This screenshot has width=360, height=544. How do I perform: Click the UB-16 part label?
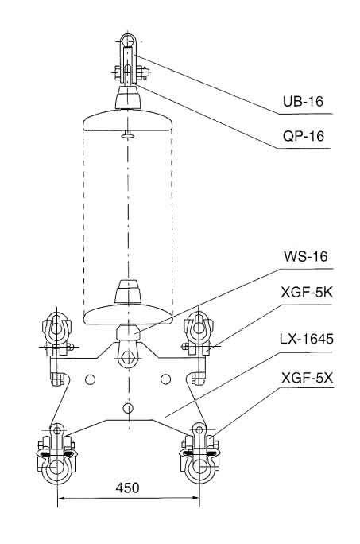303,101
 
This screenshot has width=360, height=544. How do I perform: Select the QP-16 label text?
304,136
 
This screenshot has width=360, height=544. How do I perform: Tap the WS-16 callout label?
305,256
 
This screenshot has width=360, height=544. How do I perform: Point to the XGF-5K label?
307,293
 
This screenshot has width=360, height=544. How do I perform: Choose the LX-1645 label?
307,339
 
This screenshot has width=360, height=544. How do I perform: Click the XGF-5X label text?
307,378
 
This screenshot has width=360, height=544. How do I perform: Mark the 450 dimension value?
128,488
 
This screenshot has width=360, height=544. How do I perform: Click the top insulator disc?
128,120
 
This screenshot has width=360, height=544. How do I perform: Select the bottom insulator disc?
128,314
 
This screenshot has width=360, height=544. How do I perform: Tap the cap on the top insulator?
128,97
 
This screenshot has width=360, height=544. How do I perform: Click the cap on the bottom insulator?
128,292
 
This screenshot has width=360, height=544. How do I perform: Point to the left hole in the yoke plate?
90,379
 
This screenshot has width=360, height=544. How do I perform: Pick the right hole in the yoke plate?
166,379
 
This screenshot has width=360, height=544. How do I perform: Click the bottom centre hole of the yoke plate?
128,408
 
